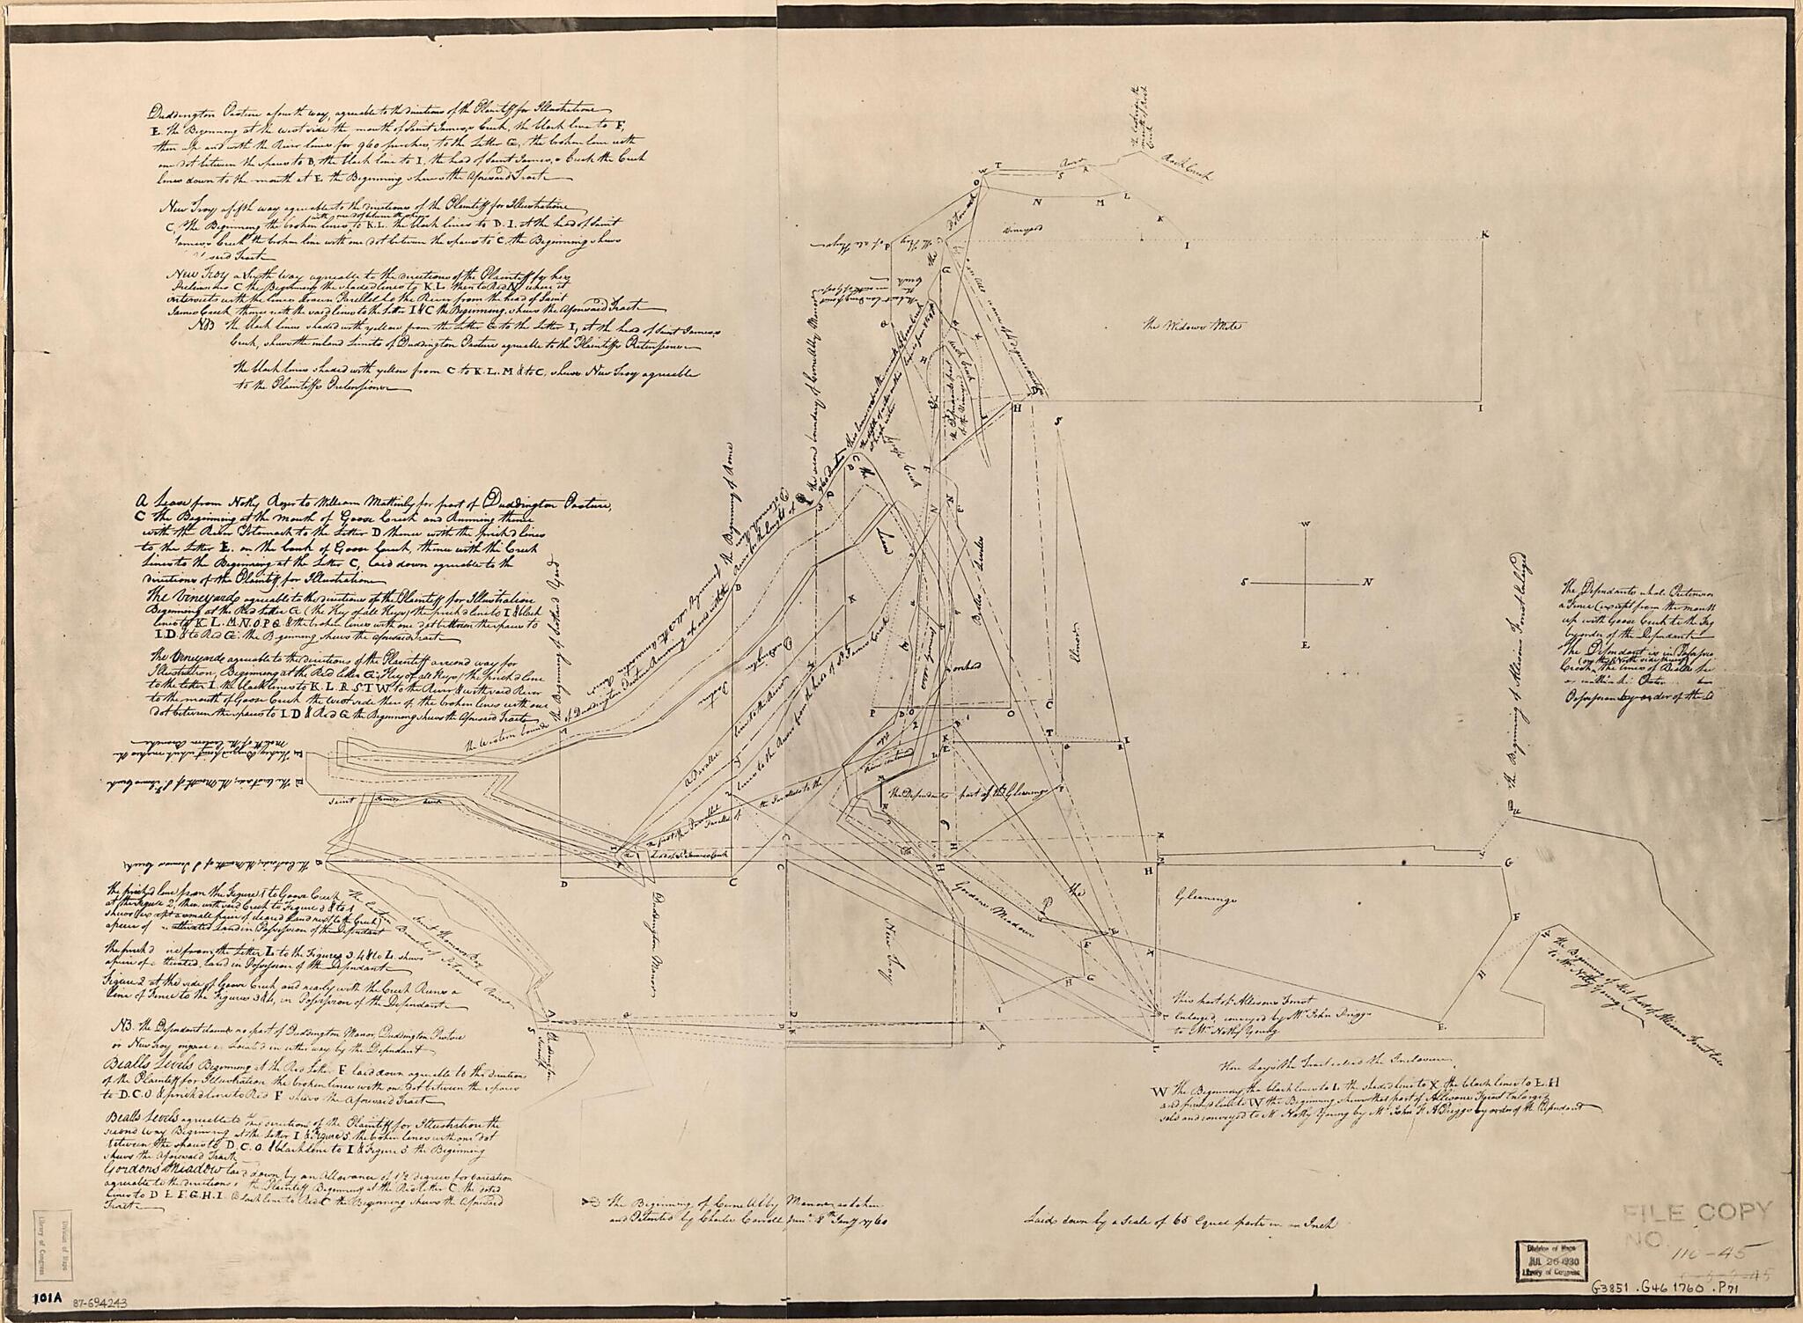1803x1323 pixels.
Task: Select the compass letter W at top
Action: [1306, 524]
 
